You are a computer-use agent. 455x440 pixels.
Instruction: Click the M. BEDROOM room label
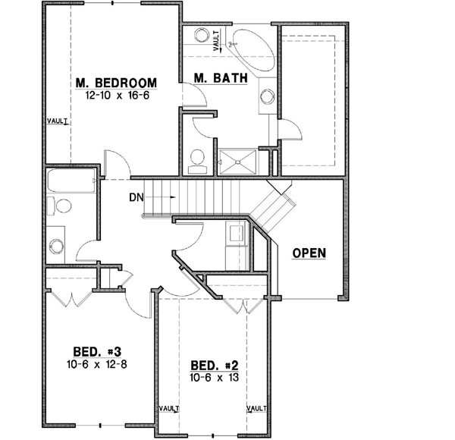116,83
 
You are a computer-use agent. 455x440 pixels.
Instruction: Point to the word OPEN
309,253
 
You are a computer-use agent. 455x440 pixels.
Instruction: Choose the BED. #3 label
98,351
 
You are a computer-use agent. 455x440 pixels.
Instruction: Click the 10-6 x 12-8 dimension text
98,364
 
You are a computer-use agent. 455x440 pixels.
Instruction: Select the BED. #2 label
214,364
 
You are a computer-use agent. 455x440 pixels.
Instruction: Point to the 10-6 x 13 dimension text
214,377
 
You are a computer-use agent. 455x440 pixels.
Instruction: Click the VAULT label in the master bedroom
58,121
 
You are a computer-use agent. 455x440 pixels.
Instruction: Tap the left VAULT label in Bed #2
169,408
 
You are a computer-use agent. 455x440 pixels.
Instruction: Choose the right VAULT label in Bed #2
259,408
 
